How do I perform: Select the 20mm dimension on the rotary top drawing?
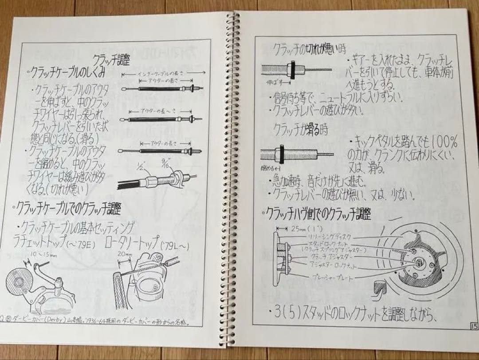tap(122, 253)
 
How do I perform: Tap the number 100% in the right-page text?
tap(444, 143)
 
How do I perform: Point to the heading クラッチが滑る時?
tap(296, 130)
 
